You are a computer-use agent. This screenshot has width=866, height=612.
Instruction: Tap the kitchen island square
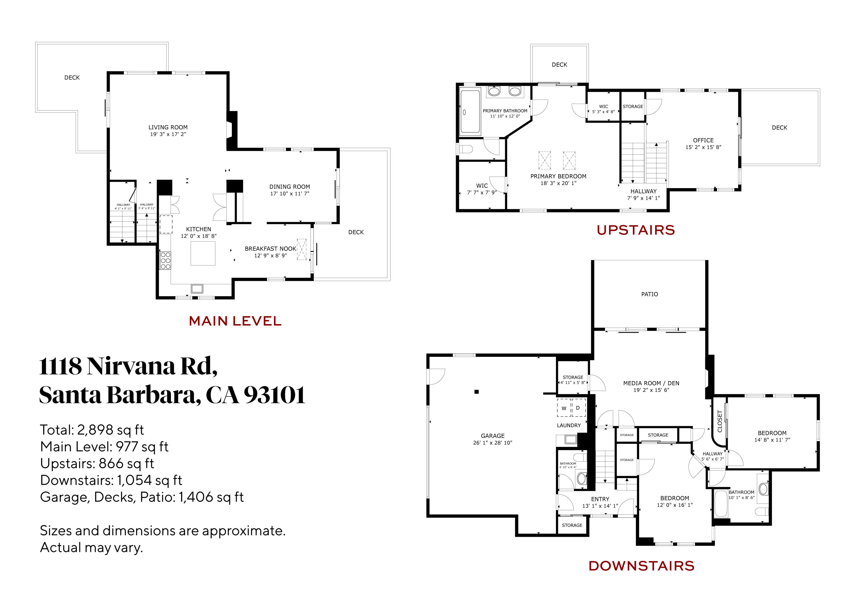(x=203, y=253)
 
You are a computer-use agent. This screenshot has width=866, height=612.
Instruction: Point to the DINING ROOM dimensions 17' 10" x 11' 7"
(x=290, y=193)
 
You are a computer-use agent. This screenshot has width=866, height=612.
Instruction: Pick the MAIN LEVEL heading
(x=235, y=321)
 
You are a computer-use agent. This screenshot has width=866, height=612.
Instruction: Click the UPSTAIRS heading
(x=636, y=230)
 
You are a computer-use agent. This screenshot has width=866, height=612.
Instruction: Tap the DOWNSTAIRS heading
(x=641, y=566)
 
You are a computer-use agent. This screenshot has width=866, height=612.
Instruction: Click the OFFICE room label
(x=703, y=140)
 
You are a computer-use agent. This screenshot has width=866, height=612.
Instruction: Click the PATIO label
(x=649, y=294)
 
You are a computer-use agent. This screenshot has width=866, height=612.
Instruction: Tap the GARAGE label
(x=492, y=435)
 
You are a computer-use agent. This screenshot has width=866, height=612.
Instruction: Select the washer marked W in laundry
(x=564, y=408)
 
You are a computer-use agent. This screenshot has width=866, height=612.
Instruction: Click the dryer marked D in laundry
(x=578, y=408)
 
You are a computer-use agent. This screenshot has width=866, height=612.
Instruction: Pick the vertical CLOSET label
(x=719, y=421)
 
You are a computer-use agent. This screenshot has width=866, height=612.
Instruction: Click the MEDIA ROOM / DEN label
(x=651, y=383)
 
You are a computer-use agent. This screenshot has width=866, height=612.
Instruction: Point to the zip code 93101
(x=274, y=395)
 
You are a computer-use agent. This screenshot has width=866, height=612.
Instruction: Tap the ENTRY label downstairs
(x=600, y=499)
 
